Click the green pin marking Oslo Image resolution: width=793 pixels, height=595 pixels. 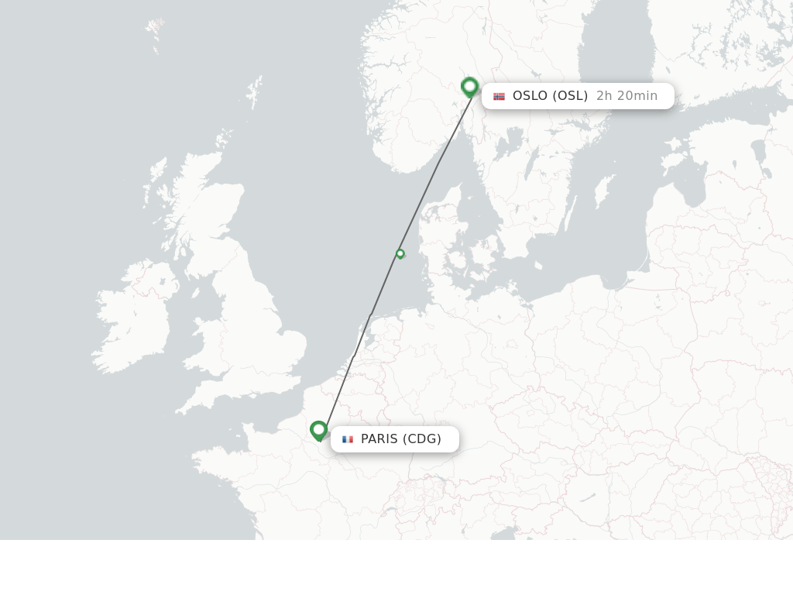[469, 87]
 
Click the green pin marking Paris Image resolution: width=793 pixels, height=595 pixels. [318, 430]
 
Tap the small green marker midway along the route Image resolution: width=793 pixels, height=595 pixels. [400, 253]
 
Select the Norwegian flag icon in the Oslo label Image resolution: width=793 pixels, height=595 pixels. [499, 96]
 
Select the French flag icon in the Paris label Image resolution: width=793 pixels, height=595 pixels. [348, 439]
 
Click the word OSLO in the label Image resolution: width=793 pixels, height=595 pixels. [530, 96]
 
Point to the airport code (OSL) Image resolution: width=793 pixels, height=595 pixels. [570, 96]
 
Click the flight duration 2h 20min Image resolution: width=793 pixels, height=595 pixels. [627, 96]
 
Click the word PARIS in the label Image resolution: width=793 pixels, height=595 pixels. [379, 439]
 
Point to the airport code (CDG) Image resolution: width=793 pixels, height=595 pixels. [422, 439]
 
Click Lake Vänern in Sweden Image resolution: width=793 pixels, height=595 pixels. [512, 143]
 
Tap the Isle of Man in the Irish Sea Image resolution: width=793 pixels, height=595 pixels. [194, 294]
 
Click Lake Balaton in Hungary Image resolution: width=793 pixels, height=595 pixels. [588, 497]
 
